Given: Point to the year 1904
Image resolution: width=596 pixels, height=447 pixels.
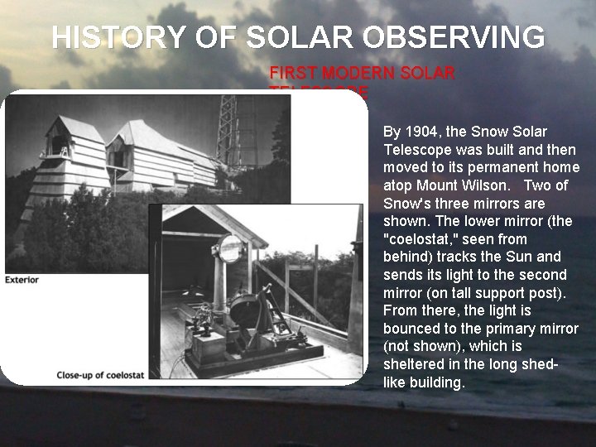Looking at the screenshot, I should (x=421, y=132).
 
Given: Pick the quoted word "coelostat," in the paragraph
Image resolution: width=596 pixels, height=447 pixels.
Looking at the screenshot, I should (x=421, y=239).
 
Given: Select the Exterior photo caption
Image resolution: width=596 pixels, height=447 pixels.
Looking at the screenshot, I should (x=22, y=280).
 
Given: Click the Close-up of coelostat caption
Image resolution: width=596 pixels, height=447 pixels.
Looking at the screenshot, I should (x=100, y=375).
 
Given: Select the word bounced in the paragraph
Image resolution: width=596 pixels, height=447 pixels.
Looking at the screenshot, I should (x=411, y=329).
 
